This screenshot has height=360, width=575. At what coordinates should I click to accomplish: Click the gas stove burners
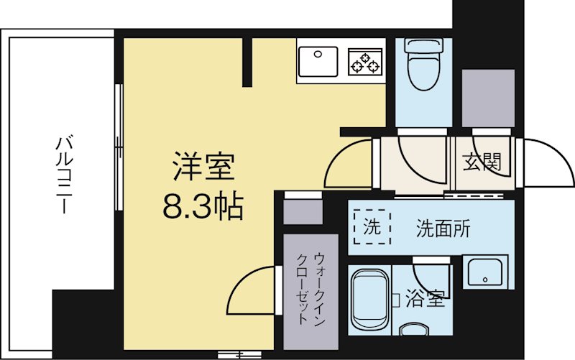click(365, 60)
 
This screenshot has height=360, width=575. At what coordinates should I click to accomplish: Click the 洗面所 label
click(443, 229)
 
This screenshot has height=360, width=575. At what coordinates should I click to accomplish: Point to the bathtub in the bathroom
click(369, 297)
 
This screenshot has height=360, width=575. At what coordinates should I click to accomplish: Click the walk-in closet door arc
click(252, 291)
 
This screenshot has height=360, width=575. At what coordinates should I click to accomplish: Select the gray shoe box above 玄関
click(488, 98)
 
